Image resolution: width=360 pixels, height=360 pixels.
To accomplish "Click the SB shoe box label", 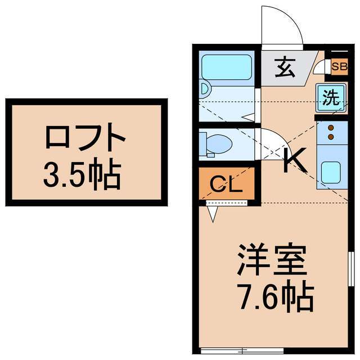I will coord(339,67).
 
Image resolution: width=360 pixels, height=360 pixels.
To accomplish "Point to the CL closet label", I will coord(226,185).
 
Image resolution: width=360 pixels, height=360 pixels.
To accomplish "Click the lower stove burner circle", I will coord(331,137).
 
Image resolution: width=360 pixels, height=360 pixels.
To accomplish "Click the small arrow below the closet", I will coord(213,213).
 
